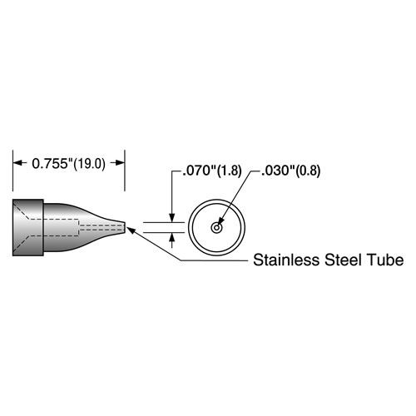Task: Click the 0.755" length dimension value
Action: [50, 164]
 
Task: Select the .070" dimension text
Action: [200, 171]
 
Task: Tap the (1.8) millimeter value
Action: [230, 171]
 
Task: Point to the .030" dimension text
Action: [278, 171]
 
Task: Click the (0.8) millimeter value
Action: [308, 171]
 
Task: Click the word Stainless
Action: [286, 260]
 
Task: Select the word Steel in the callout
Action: [344, 260]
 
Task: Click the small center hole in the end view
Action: [216, 228]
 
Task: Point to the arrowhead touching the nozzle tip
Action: [131, 230]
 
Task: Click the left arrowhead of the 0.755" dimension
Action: [18, 163]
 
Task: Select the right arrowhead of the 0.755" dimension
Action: [120, 163]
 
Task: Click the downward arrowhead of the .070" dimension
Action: [172, 217]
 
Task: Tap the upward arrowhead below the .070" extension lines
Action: [172, 238]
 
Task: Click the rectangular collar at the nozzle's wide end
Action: [28, 227]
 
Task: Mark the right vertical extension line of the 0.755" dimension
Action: [125, 171]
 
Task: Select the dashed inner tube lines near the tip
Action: [101, 228]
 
